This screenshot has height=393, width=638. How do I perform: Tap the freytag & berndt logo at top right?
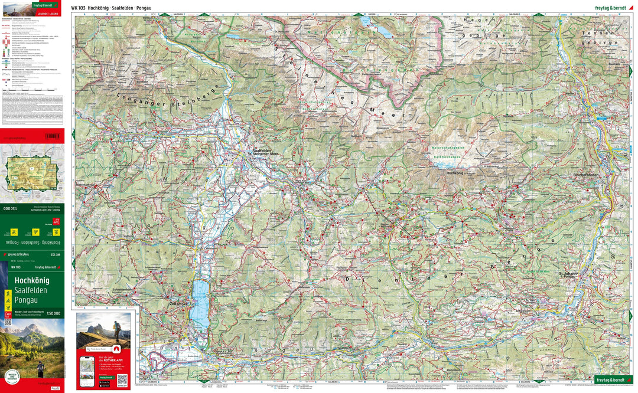614,8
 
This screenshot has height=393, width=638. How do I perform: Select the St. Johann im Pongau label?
568,275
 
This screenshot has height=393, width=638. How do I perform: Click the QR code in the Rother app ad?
122,379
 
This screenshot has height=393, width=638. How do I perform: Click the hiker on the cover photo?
41,368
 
